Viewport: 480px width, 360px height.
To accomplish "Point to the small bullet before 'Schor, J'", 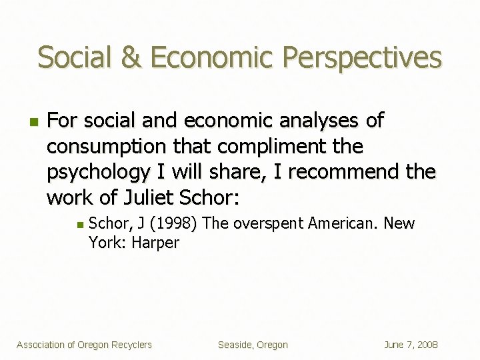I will (x=79, y=225).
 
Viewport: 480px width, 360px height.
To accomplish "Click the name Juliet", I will (x=147, y=198).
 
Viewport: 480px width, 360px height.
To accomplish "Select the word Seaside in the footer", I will (x=234, y=345).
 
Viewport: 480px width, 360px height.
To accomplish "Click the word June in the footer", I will (x=395, y=345).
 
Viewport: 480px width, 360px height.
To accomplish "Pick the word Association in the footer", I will (x=41, y=345).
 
